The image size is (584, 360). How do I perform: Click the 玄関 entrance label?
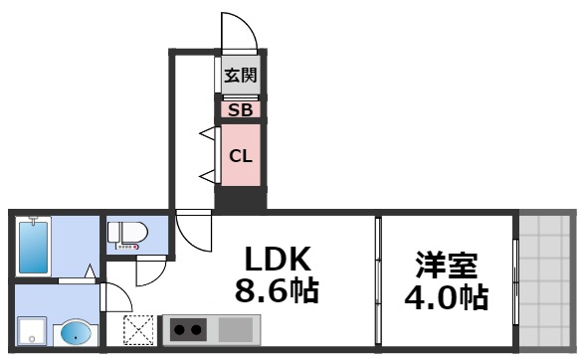(240, 76)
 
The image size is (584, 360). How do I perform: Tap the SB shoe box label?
(240, 110)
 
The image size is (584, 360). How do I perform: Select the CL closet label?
(240, 155)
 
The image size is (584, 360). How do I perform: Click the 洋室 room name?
(447, 266)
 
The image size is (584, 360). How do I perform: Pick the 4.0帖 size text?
(447, 296)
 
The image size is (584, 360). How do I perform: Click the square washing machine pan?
(33, 330)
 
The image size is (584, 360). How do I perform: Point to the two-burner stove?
(187, 327)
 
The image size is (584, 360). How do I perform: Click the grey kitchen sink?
(236, 327)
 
